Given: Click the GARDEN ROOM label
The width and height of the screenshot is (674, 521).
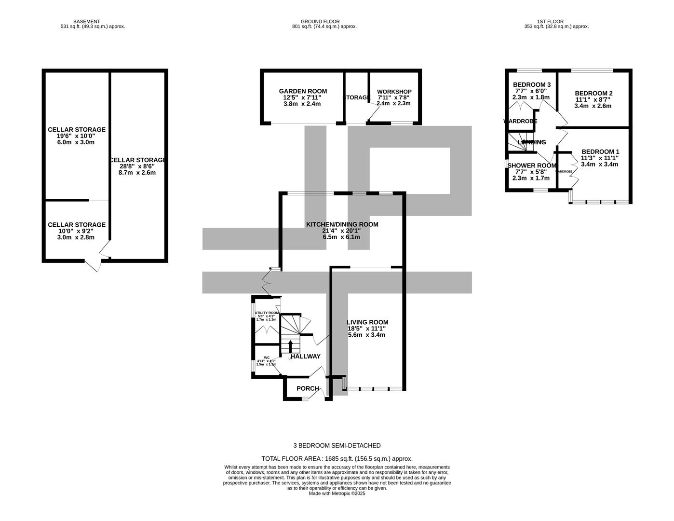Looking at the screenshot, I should point(303,91).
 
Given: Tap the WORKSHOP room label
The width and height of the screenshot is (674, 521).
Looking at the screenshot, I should point(394,92).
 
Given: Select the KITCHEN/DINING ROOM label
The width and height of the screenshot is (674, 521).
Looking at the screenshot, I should point(342,224).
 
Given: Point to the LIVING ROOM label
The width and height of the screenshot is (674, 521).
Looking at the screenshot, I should point(367,322).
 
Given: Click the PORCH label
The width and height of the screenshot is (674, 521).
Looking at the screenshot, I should point(308,388).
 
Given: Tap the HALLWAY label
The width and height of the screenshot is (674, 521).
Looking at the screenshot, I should point(305,356).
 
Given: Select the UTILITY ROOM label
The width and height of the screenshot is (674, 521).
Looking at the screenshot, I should point(267,313).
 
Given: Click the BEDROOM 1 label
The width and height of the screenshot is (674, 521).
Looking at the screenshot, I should point(600,151).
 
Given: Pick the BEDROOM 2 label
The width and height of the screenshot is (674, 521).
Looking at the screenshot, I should point(593,93).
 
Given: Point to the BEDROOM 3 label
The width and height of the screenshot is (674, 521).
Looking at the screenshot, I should point(531,85).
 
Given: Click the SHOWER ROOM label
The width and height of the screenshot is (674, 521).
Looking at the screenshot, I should point(532,165).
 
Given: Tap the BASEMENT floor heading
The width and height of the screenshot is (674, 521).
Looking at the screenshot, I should point(87,21).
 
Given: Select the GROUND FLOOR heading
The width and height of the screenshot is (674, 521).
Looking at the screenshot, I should point(320,21).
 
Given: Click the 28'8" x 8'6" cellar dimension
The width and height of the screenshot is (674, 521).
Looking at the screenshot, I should point(137,166).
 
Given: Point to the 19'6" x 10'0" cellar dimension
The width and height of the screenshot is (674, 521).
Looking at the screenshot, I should point(76,136).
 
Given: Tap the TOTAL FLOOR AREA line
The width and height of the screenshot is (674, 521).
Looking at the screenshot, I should point(337,459).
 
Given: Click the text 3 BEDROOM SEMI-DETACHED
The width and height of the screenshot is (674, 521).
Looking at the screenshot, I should point(337,445).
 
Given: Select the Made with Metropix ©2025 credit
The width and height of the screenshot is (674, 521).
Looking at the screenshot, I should point(337,494).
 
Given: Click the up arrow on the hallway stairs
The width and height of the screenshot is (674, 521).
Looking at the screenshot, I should point(290,346).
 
